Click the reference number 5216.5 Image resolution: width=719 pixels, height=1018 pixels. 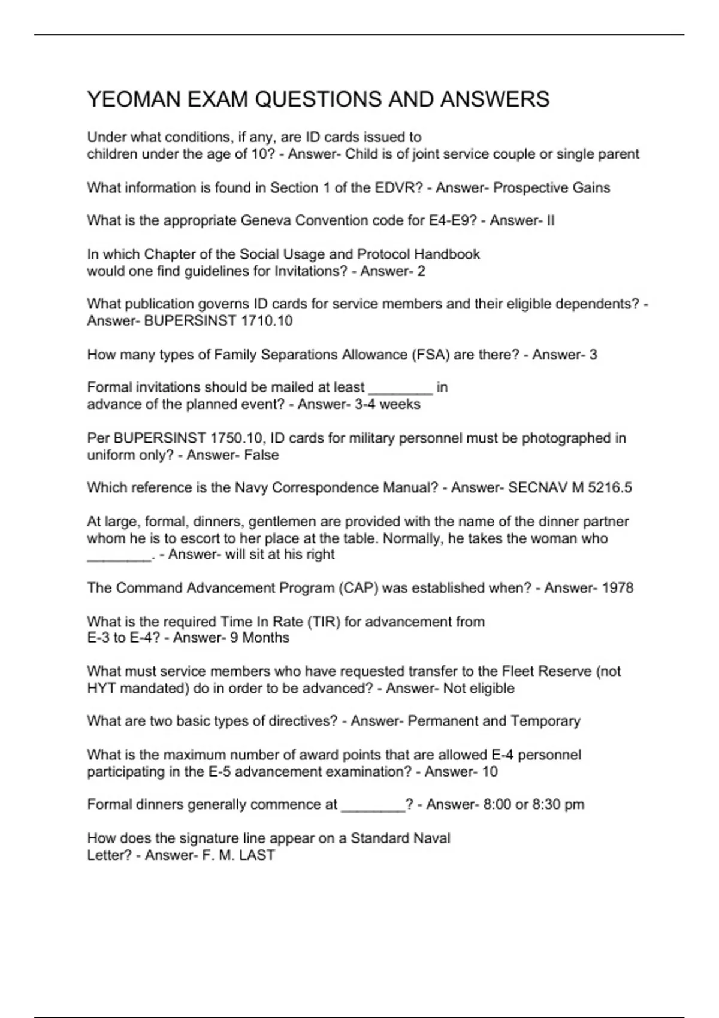609,488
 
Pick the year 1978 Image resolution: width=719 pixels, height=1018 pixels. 617,588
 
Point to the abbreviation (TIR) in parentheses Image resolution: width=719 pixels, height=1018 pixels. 324,622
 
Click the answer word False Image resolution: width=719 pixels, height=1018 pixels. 261,455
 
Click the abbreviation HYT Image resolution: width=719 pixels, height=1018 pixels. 101,689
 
